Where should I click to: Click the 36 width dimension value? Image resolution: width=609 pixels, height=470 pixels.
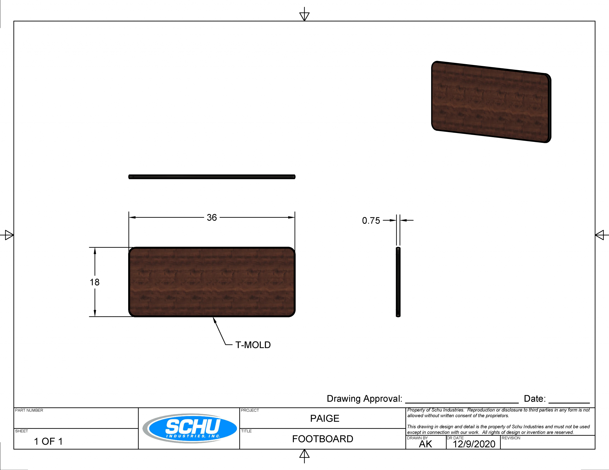(x=212, y=217)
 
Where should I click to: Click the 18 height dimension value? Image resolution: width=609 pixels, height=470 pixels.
(x=95, y=282)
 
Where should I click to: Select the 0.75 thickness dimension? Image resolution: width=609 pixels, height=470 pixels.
(x=371, y=221)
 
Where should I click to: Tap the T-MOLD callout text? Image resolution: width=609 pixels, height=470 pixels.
(x=253, y=345)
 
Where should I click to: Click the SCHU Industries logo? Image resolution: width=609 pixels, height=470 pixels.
(x=190, y=428)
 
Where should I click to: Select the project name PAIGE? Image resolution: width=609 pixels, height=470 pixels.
(x=324, y=418)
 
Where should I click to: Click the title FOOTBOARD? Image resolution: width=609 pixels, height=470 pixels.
(x=322, y=439)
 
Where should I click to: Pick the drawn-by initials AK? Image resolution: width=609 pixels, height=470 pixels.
(x=425, y=444)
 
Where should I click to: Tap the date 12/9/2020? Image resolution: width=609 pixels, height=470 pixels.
(x=474, y=444)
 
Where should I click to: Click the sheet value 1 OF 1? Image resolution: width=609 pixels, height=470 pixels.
(x=48, y=441)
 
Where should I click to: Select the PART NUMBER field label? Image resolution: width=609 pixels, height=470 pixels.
(x=29, y=410)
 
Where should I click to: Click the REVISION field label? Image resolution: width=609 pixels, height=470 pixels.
(x=511, y=438)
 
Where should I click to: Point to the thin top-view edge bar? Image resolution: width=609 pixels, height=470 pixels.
(x=212, y=177)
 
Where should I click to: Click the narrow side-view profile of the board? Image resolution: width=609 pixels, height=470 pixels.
(x=398, y=282)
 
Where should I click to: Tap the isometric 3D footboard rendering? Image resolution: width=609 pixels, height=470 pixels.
(x=491, y=102)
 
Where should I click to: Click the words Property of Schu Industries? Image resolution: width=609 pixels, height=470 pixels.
(x=435, y=410)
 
